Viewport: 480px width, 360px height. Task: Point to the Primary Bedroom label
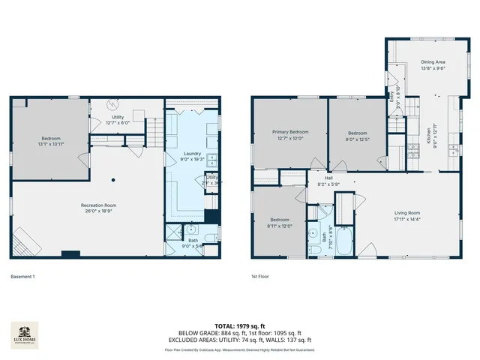[289, 135]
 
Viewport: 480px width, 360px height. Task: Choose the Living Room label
[408, 216]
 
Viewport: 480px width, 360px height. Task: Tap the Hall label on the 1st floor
[328, 181]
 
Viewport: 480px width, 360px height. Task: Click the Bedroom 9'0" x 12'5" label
[357, 135]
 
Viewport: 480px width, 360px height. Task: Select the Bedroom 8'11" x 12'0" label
[278, 223]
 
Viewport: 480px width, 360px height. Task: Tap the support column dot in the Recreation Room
[113, 179]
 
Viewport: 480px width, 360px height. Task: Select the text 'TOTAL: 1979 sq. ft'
[239, 325]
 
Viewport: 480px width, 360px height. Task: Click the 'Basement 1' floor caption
[22, 277]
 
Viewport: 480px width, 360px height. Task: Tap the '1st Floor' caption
[260, 277]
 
